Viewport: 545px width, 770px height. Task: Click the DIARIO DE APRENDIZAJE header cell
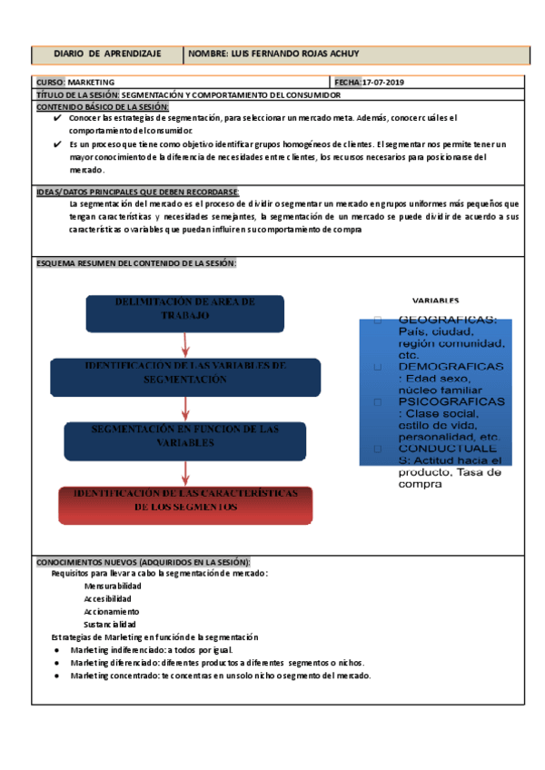[x=107, y=54]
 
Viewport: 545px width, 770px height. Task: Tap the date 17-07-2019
[x=383, y=83]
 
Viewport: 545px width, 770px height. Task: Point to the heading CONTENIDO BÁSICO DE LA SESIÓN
[x=103, y=106]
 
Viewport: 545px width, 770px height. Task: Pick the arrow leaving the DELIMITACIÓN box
[x=185, y=343]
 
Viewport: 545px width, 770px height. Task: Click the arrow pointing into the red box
[x=185, y=472]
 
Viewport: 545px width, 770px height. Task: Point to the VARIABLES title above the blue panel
[x=436, y=301]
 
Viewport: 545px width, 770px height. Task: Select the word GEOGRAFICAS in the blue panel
[x=448, y=320]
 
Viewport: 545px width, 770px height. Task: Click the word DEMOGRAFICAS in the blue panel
[x=451, y=366]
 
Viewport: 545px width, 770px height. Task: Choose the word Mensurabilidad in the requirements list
[x=113, y=587]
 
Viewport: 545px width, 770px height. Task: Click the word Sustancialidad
[x=110, y=625]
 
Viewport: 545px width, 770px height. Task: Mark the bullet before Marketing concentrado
[x=57, y=676]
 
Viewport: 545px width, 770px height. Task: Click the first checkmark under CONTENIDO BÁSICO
[x=57, y=118]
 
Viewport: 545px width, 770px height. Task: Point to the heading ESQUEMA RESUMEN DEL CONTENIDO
[x=135, y=263]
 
